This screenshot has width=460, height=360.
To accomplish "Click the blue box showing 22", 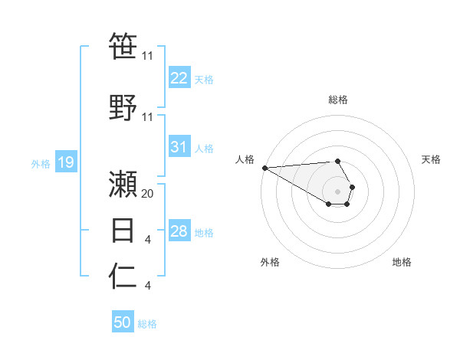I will [x=179, y=78].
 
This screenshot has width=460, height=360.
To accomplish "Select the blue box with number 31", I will [x=179, y=147].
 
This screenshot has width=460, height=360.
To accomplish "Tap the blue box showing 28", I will [x=179, y=231].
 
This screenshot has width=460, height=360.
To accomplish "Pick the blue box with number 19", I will [x=65, y=162].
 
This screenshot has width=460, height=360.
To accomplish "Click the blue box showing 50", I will [x=123, y=322].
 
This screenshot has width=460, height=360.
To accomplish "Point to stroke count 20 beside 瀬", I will [x=148, y=194].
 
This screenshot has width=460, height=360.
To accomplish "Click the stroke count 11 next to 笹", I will [x=148, y=56].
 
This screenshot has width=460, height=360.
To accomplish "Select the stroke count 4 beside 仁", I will [x=147, y=286].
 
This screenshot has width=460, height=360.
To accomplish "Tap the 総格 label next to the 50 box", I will [x=147, y=324].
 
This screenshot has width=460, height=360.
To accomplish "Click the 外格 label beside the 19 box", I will [x=40, y=163].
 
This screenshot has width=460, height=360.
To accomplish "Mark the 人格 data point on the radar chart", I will [x=264, y=168].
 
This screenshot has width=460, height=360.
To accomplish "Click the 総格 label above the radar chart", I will [x=338, y=100].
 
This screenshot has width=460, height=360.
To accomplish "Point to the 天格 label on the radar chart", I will [x=431, y=159].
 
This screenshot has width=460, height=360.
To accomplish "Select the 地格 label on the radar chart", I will [x=402, y=262].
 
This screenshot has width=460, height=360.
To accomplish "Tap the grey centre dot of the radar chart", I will [x=338, y=191].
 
